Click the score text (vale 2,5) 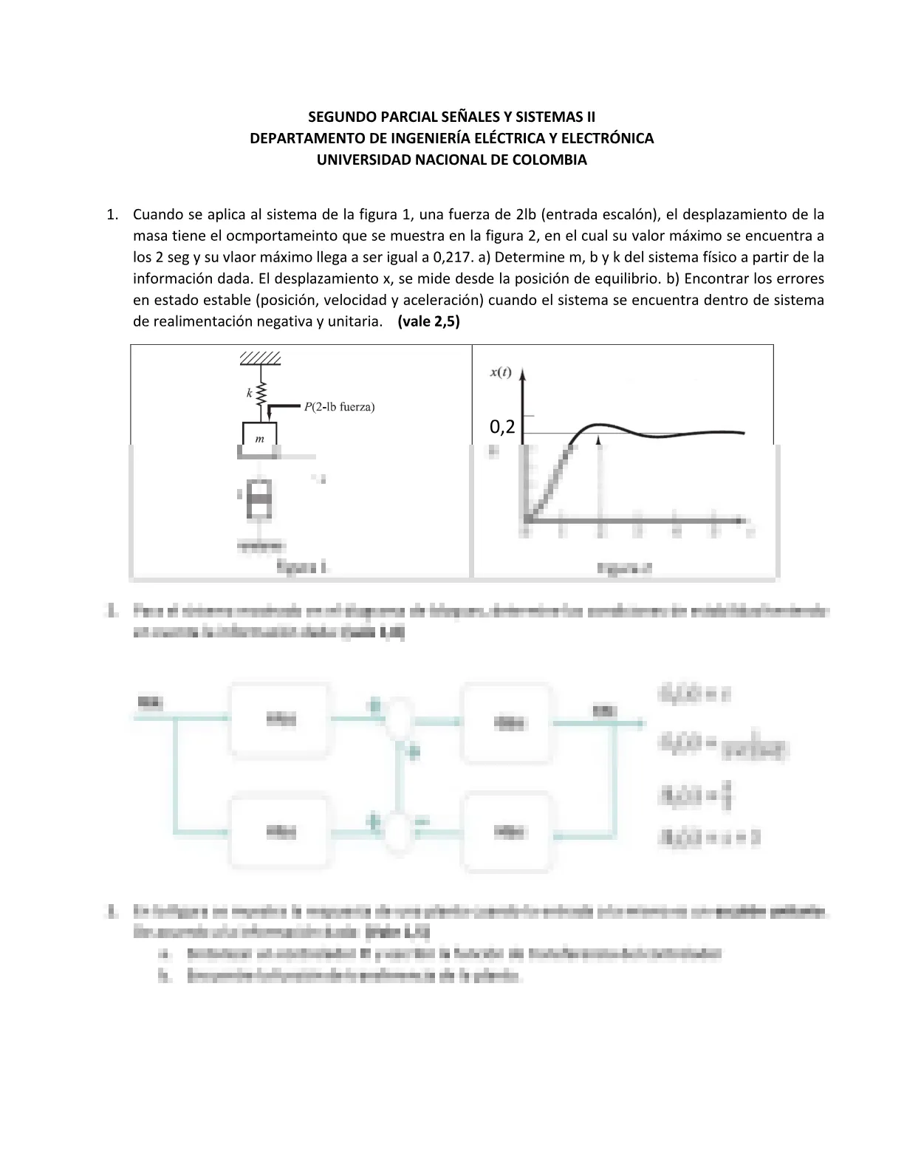click(x=428, y=321)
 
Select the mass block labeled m click(x=259, y=435)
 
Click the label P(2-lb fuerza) click(x=339, y=406)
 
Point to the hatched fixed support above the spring click(x=260, y=358)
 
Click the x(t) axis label click(x=500, y=372)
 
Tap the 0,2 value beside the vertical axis click(x=502, y=426)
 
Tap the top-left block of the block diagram click(x=281, y=717)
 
